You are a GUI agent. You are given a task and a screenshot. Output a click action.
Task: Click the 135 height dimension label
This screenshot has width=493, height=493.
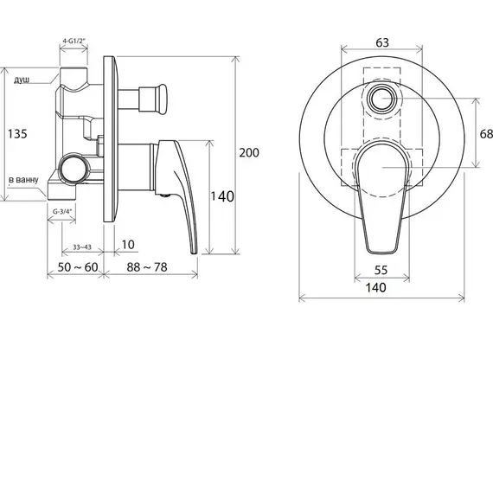coord(17,133)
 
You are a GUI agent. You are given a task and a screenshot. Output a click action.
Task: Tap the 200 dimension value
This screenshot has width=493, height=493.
coord(249,152)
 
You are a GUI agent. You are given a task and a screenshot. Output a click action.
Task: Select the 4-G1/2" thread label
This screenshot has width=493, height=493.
coord(74,41)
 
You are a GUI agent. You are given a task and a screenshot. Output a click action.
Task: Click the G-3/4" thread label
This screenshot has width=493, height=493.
coord(62,212)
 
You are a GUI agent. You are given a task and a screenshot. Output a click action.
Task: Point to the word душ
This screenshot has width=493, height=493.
coord(22,80)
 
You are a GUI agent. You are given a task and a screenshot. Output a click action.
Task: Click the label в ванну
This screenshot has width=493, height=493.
coord(23,180)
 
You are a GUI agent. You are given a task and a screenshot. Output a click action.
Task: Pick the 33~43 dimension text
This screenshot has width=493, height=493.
coord(82,247)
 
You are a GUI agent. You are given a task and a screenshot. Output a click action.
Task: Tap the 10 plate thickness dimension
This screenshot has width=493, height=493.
coord(128,244)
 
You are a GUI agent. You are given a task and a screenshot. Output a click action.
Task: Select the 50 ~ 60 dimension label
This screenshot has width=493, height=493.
coord(78,267)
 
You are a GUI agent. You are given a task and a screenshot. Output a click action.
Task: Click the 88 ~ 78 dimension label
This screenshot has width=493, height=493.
coord(147,267)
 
